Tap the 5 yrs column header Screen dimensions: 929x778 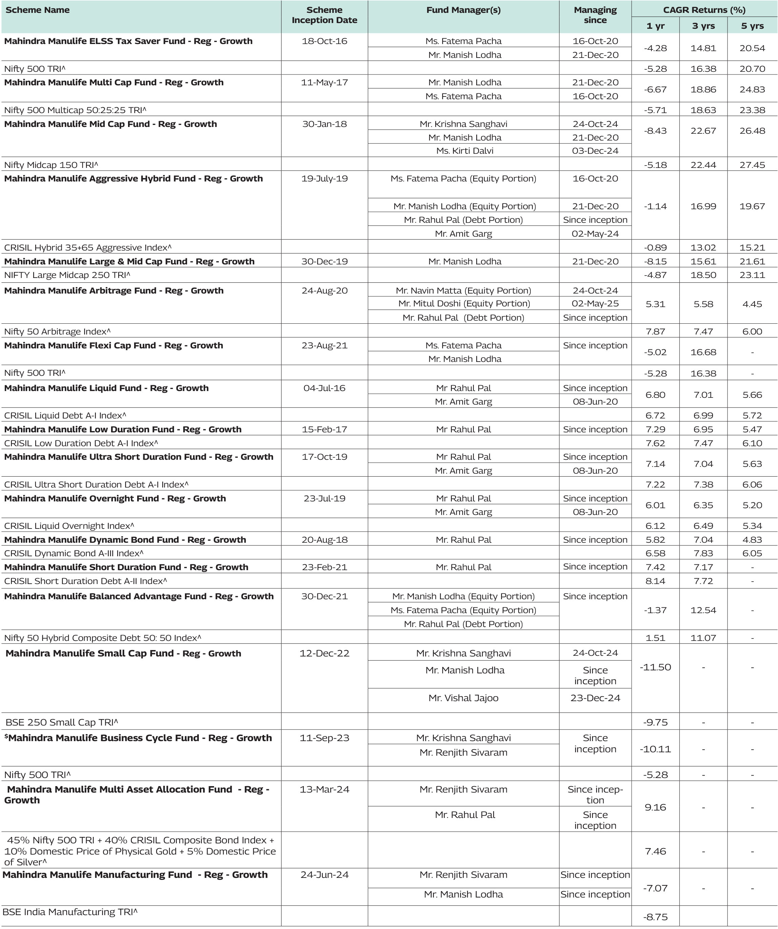(x=752, y=26)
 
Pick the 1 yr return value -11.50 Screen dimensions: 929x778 (x=655, y=667)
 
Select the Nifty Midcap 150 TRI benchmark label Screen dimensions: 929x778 (x=51, y=165)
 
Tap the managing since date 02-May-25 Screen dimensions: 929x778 (x=595, y=303)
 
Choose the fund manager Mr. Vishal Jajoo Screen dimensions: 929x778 (x=463, y=698)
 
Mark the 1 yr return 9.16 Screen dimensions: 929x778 (x=655, y=807)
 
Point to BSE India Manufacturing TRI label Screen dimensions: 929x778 (x=70, y=912)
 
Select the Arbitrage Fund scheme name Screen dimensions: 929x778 (x=114, y=290)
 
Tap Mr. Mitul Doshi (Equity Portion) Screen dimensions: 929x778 (x=464, y=303)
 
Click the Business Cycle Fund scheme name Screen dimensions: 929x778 (x=140, y=738)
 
